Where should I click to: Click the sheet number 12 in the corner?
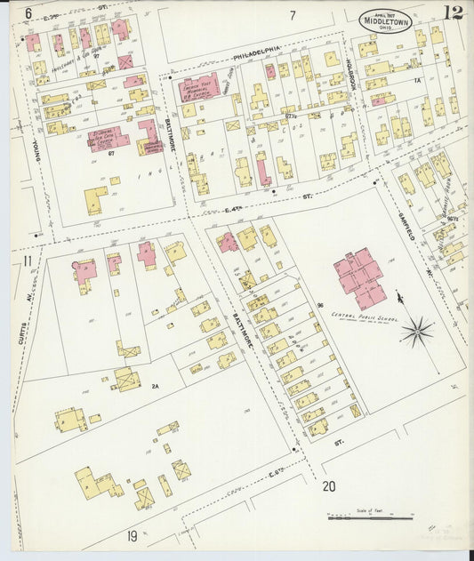pos(454,12)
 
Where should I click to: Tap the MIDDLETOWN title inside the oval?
pos(385,22)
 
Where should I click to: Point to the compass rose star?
pos(416,333)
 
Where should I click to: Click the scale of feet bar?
pos(370,517)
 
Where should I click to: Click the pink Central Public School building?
pos(359,277)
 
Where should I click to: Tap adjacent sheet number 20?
pos(329,486)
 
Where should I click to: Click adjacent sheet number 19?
pos(132,534)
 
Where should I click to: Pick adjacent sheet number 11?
pos(28,260)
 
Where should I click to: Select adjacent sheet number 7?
pos(291,15)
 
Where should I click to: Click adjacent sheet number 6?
pos(28,12)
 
